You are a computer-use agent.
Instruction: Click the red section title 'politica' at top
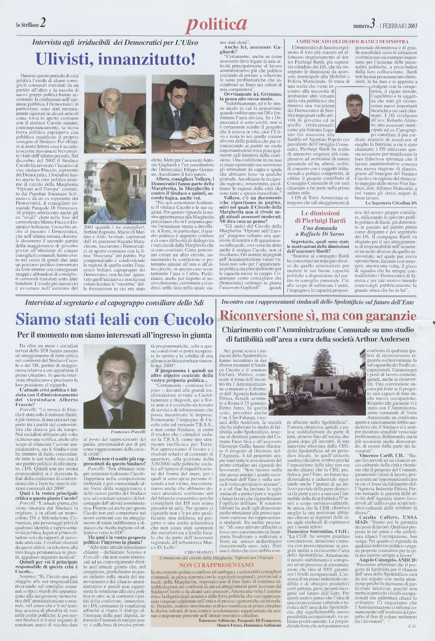216,24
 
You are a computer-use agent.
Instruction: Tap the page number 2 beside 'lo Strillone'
42,23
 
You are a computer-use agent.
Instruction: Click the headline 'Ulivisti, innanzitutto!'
116,59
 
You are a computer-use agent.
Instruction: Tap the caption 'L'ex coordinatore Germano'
121,222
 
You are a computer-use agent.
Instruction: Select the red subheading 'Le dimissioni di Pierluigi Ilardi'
320,217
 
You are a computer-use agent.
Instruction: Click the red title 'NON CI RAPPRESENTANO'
216,565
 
